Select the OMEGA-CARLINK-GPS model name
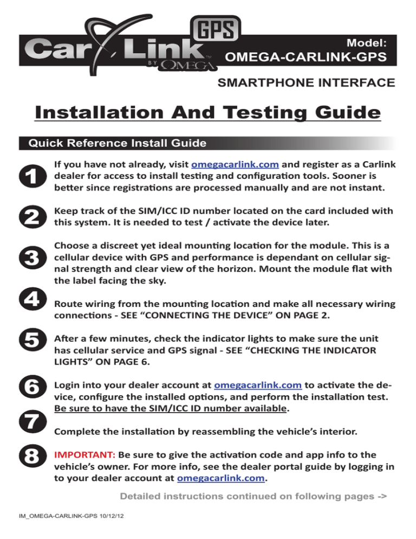(x=306, y=57)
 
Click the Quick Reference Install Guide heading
(x=113, y=144)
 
